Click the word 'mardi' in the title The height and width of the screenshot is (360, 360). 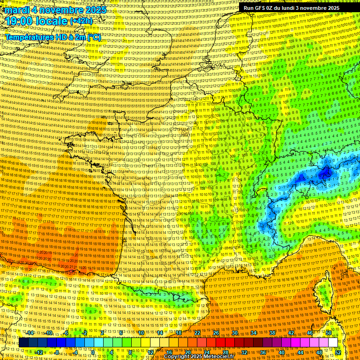[16, 10]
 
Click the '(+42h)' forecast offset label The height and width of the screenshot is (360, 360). [81, 21]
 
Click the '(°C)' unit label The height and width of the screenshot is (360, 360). [93, 37]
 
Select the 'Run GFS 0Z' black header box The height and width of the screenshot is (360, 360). [291, 8]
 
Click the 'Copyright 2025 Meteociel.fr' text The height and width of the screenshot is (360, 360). [199, 356]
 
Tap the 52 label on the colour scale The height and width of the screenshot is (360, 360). [338, 352]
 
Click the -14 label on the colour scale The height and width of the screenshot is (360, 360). [30, 333]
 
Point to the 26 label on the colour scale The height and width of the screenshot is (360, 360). [216, 333]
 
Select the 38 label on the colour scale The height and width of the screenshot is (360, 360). [272, 333]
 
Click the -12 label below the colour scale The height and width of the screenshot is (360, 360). [39, 352]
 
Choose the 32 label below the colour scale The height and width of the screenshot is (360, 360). [244, 352]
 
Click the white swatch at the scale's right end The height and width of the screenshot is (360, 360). [333, 343]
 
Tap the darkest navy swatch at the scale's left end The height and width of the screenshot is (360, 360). [24, 343]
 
